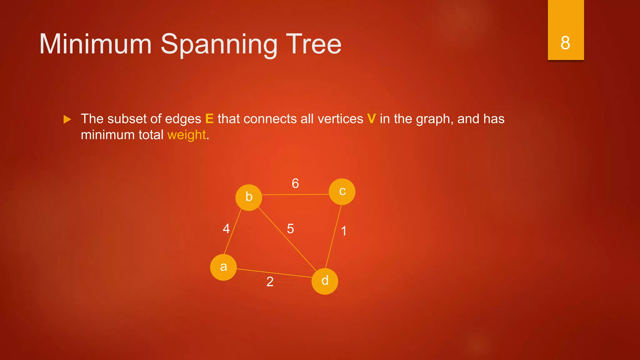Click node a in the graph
pos(223,267)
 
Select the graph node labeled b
pos(248,197)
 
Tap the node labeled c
pos(342,192)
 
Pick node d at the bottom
pos(325,281)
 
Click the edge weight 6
pos(295,183)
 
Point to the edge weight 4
pos(226,229)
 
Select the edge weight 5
pos(290,229)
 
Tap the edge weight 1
pos(344,231)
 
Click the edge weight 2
pos(270,282)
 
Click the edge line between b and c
pos(295,194)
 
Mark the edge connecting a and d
pos(274,273)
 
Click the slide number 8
pos(565,43)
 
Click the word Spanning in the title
pos(219,44)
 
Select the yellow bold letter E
pos(209,119)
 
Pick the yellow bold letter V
pos(371,119)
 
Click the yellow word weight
pos(187,135)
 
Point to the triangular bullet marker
pos(67,119)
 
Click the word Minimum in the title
pos(96,44)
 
